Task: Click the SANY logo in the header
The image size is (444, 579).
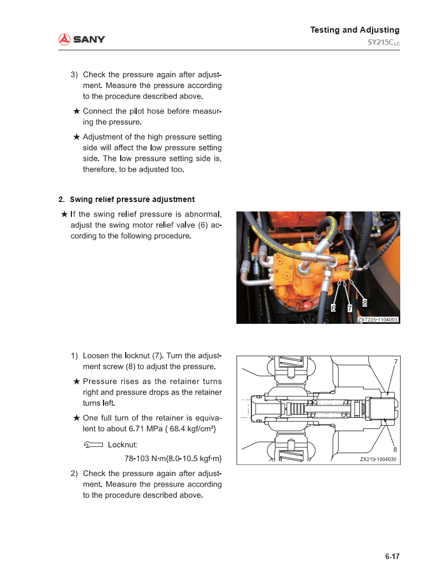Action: coord(82,39)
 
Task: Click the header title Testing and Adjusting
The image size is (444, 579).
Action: coord(354,30)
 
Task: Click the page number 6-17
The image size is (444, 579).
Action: coord(392,556)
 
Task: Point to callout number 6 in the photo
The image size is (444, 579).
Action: coord(333,307)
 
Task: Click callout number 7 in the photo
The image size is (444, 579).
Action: coord(350,308)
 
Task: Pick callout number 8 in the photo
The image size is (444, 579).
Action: coord(365,302)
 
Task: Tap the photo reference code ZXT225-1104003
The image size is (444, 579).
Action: coord(378,319)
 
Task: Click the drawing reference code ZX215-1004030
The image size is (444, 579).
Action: coord(379,459)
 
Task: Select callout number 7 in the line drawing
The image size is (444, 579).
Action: coord(395,362)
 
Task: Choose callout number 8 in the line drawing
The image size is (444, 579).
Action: coord(395,449)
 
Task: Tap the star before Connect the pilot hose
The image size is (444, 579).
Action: coord(77,111)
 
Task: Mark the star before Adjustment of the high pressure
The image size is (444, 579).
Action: coord(77,137)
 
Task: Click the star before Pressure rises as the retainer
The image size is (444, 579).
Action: coord(77,381)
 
